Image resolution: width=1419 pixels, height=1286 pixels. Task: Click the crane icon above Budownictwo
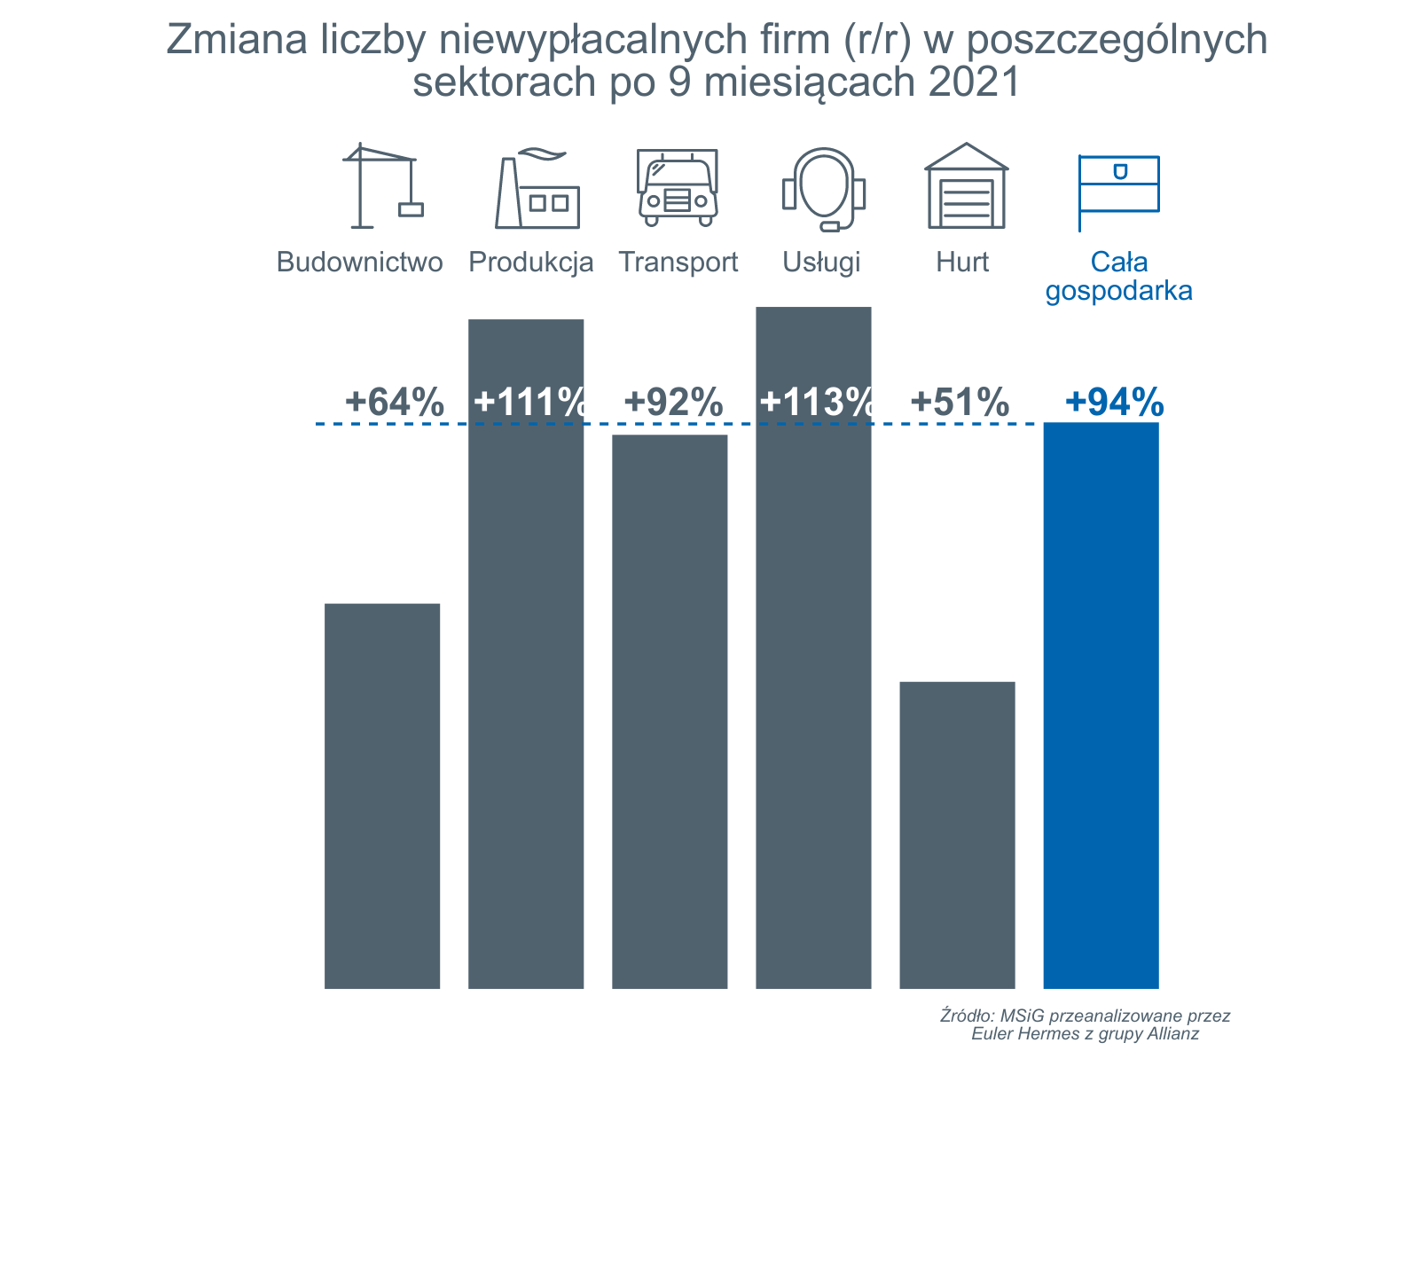(382, 185)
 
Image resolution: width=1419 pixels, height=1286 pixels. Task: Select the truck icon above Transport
(678, 187)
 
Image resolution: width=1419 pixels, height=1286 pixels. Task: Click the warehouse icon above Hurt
(966, 185)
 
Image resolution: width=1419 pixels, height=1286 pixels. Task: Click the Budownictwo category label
(359, 263)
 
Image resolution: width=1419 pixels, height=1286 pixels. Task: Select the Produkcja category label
(530, 263)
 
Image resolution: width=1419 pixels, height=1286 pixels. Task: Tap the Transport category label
(678, 263)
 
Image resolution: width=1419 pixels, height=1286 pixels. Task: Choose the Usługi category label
(821, 263)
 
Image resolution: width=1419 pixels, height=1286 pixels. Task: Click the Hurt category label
(962, 263)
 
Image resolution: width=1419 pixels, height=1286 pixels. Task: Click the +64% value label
(394, 403)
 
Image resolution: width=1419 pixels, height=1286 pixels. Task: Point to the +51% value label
(960, 403)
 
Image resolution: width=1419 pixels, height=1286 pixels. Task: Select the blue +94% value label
(1114, 403)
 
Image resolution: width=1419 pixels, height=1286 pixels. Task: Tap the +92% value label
(673, 403)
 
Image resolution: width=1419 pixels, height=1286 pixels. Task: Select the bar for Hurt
(957, 834)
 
